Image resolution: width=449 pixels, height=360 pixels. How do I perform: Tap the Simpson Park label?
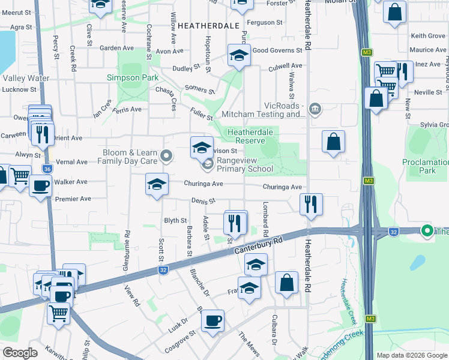[133, 77]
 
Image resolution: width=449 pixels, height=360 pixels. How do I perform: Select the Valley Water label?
[26, 78]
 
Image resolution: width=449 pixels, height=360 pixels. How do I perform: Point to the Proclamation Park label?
[427, 166]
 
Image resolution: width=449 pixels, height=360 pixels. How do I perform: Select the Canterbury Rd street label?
[259, 245]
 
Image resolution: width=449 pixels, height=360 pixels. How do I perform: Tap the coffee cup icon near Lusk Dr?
[212, 321]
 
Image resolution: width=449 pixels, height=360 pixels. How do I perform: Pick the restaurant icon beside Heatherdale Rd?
[311, 204]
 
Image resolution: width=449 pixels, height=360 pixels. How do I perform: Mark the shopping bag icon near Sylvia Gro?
[333, 142]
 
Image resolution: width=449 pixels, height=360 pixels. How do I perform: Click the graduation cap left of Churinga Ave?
[157, 184]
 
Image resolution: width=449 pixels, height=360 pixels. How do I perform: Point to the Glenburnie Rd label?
[128, 246]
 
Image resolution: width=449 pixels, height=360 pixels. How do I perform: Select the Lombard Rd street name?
[265, 219]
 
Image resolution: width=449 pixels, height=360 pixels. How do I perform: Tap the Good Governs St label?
[277, 51]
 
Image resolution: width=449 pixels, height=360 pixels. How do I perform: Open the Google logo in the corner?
[20, 353]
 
